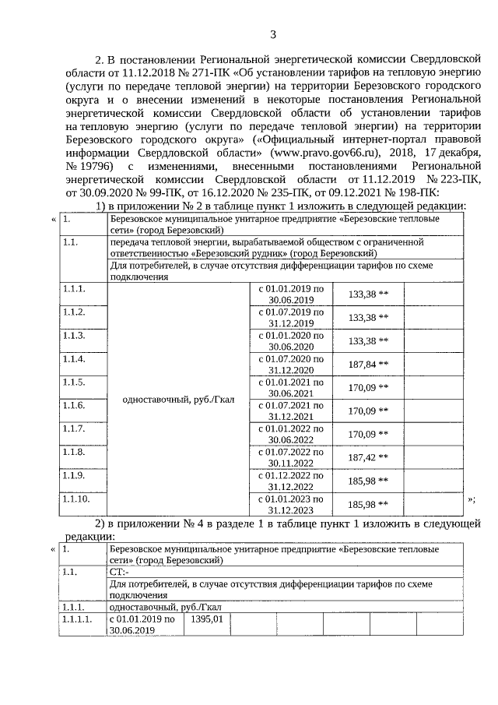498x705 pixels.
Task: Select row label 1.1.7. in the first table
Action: pos(74,428)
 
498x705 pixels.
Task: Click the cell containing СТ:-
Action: pos(121,571)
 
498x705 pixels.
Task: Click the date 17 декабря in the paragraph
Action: pos(437,153)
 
